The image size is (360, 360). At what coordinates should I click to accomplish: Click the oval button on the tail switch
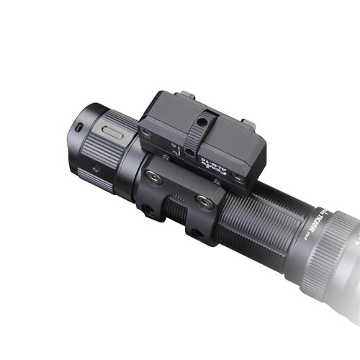tap(112, 132)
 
